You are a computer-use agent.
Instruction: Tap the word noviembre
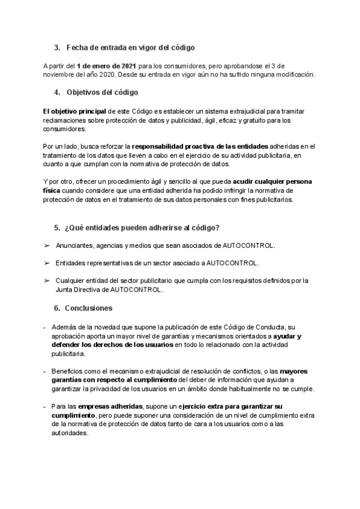(x=58, y=74)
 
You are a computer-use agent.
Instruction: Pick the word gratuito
(x=253, y=120)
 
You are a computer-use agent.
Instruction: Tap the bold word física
(x=53, y=190)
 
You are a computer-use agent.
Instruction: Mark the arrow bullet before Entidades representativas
(x=47, y=263)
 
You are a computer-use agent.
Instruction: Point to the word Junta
(x=65, y=289)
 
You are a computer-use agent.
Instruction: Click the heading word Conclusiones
(x=89, y=308)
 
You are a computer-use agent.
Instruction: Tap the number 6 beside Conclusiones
(x=56, y=308)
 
